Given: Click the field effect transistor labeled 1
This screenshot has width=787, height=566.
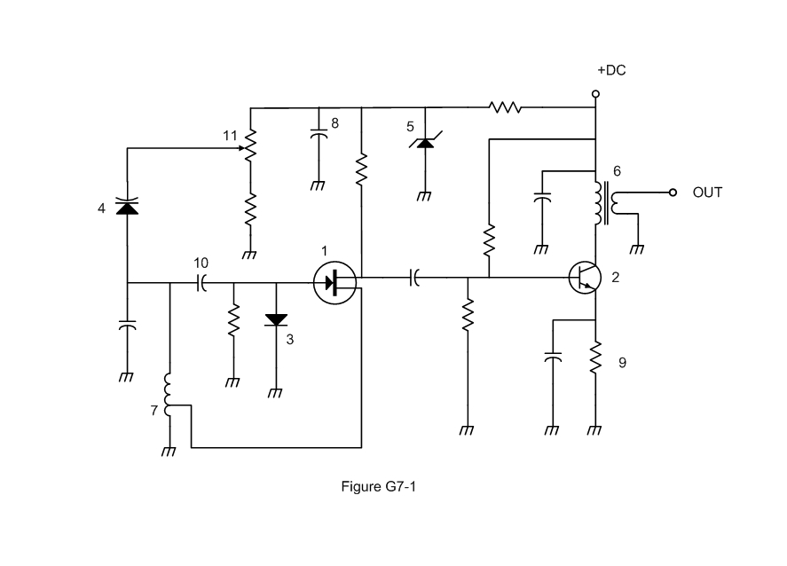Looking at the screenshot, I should [x=334, y=283].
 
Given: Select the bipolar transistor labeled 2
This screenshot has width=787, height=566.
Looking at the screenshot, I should [x=584, y=278].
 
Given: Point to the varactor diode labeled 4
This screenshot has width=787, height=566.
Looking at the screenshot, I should [x=127, y=206].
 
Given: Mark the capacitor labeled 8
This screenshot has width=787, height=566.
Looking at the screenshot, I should [x=318, y=136].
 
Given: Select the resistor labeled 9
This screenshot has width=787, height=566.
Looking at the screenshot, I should [x=595, y=358].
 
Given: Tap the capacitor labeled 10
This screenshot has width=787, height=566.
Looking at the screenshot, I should [x=201, y=283].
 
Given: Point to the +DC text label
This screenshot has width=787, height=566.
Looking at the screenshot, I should [x=610, y=70].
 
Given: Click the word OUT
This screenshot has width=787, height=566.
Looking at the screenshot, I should [x=707, y=193].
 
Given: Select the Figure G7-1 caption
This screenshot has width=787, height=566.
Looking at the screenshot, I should [x=378, y=486].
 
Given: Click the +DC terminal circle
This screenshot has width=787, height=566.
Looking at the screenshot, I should [x=595, y=93].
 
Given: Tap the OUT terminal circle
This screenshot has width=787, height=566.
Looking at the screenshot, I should [x=673, y=193].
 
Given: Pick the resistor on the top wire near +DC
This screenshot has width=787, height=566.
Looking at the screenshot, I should [x=505, y=108].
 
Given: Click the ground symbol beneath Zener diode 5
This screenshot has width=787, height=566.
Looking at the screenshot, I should [x=424, y=197].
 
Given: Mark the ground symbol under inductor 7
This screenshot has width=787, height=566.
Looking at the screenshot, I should [x=168, y=452].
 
